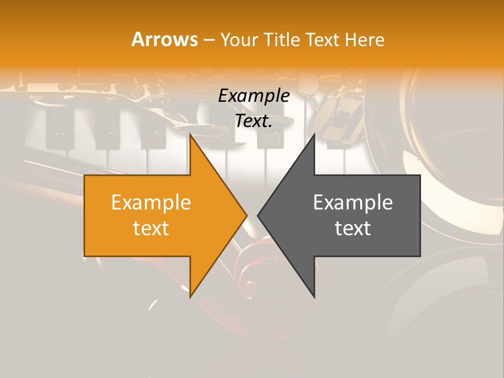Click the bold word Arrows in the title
point(164,39)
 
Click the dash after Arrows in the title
point(208,40)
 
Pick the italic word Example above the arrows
point(254,96)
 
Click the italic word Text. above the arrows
point(254,121)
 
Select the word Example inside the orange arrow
point(151,202)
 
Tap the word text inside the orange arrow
point(151,228)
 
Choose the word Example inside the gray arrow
point(353,202)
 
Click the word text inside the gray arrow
point(353,228)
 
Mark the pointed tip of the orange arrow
point(247,215)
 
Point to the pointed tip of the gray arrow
point(257,215)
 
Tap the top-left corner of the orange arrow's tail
point(85,175)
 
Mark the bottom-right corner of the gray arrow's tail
point(420,256)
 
